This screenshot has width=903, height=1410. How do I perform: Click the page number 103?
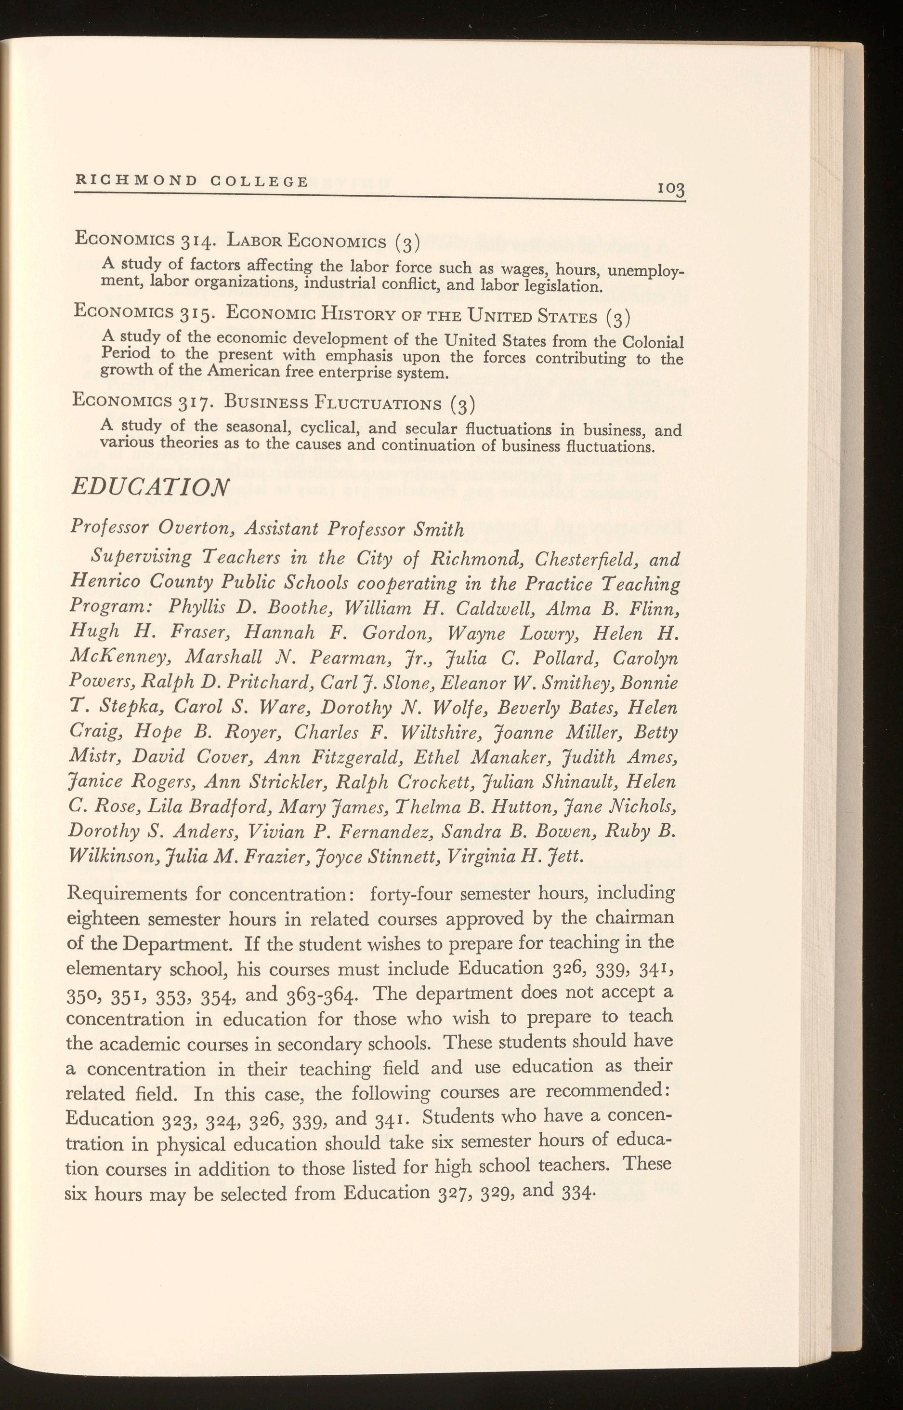coord(671,189)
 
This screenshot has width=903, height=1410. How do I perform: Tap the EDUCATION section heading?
coord(149,486)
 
